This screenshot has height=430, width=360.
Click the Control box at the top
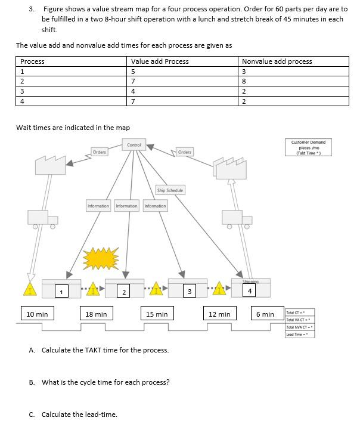point(134,145)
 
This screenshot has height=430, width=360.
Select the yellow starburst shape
point(101,258)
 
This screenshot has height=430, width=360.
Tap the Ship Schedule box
point(170,190)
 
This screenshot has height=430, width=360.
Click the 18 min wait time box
point(96,314)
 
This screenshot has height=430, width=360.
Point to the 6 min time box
point(265,314)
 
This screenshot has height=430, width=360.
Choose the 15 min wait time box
point(157,314)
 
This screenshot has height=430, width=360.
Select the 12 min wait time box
point(219,314)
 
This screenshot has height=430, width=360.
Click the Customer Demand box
point(308,147)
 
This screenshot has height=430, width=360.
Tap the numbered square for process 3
point(188,291)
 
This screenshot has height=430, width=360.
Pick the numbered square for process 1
point(61,291)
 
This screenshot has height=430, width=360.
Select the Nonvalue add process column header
point(277,61)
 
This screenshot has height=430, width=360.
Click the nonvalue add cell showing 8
point(244,82)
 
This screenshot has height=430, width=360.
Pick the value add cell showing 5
point(134,72)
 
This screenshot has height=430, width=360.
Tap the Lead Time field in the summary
point(300,334)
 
